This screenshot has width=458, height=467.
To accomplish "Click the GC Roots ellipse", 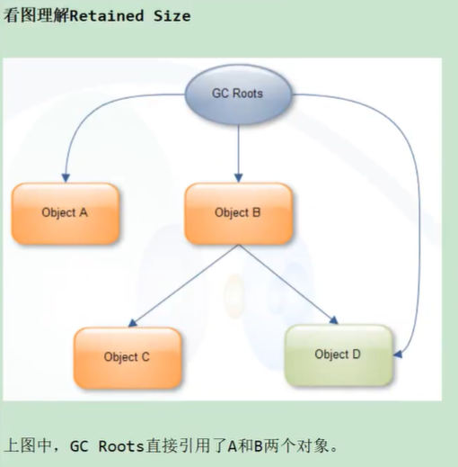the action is tap(238, 94).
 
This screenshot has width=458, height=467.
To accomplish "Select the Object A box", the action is tap(66, 213).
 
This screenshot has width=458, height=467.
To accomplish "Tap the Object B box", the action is tap(238, 213).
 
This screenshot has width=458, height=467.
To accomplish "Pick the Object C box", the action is tap(128, 357).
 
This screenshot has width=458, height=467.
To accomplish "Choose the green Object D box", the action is tap(339, 355).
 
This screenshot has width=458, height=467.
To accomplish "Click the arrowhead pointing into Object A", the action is tap(66, 178).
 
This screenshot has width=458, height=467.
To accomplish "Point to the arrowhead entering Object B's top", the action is tap(239, 178).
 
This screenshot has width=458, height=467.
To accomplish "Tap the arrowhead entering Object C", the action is tap(132, 324).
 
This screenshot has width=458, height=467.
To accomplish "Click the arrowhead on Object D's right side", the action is tap(398, 355).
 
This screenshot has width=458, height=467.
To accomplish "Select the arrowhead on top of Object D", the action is tap(334, 320).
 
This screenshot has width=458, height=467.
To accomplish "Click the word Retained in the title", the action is tap(107, 16).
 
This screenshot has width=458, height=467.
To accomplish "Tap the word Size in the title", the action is tap(172, 16).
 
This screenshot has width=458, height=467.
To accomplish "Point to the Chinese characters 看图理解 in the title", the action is tap(36, 15).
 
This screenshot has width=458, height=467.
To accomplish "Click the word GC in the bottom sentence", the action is tap(79, 446).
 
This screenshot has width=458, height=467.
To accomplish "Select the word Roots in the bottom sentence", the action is tap(121, 446).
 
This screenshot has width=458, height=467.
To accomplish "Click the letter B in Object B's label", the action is tap(257, 212).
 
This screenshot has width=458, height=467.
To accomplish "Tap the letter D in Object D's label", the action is tap(357, 355).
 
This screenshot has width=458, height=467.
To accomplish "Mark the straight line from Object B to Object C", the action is tap(185, 285).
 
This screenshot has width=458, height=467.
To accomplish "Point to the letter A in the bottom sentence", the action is tap(233, 446).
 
